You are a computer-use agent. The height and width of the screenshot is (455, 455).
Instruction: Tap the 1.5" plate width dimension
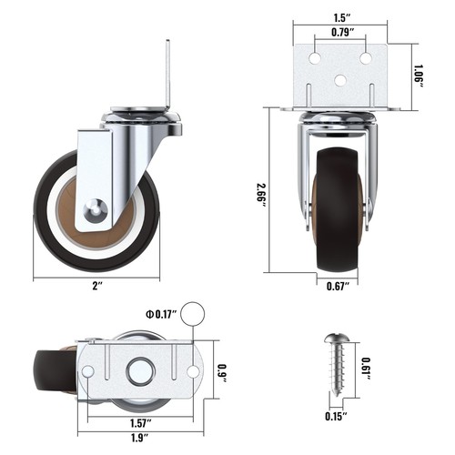click(340, 17)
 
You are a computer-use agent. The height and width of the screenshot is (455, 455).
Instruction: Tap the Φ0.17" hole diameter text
click(159, 316)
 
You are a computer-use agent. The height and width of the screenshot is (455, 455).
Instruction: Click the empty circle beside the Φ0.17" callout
click(192, 315)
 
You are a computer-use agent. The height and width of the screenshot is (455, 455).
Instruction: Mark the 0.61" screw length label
click(366, 365)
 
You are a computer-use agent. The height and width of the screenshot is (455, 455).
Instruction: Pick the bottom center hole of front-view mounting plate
click(340, 80)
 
